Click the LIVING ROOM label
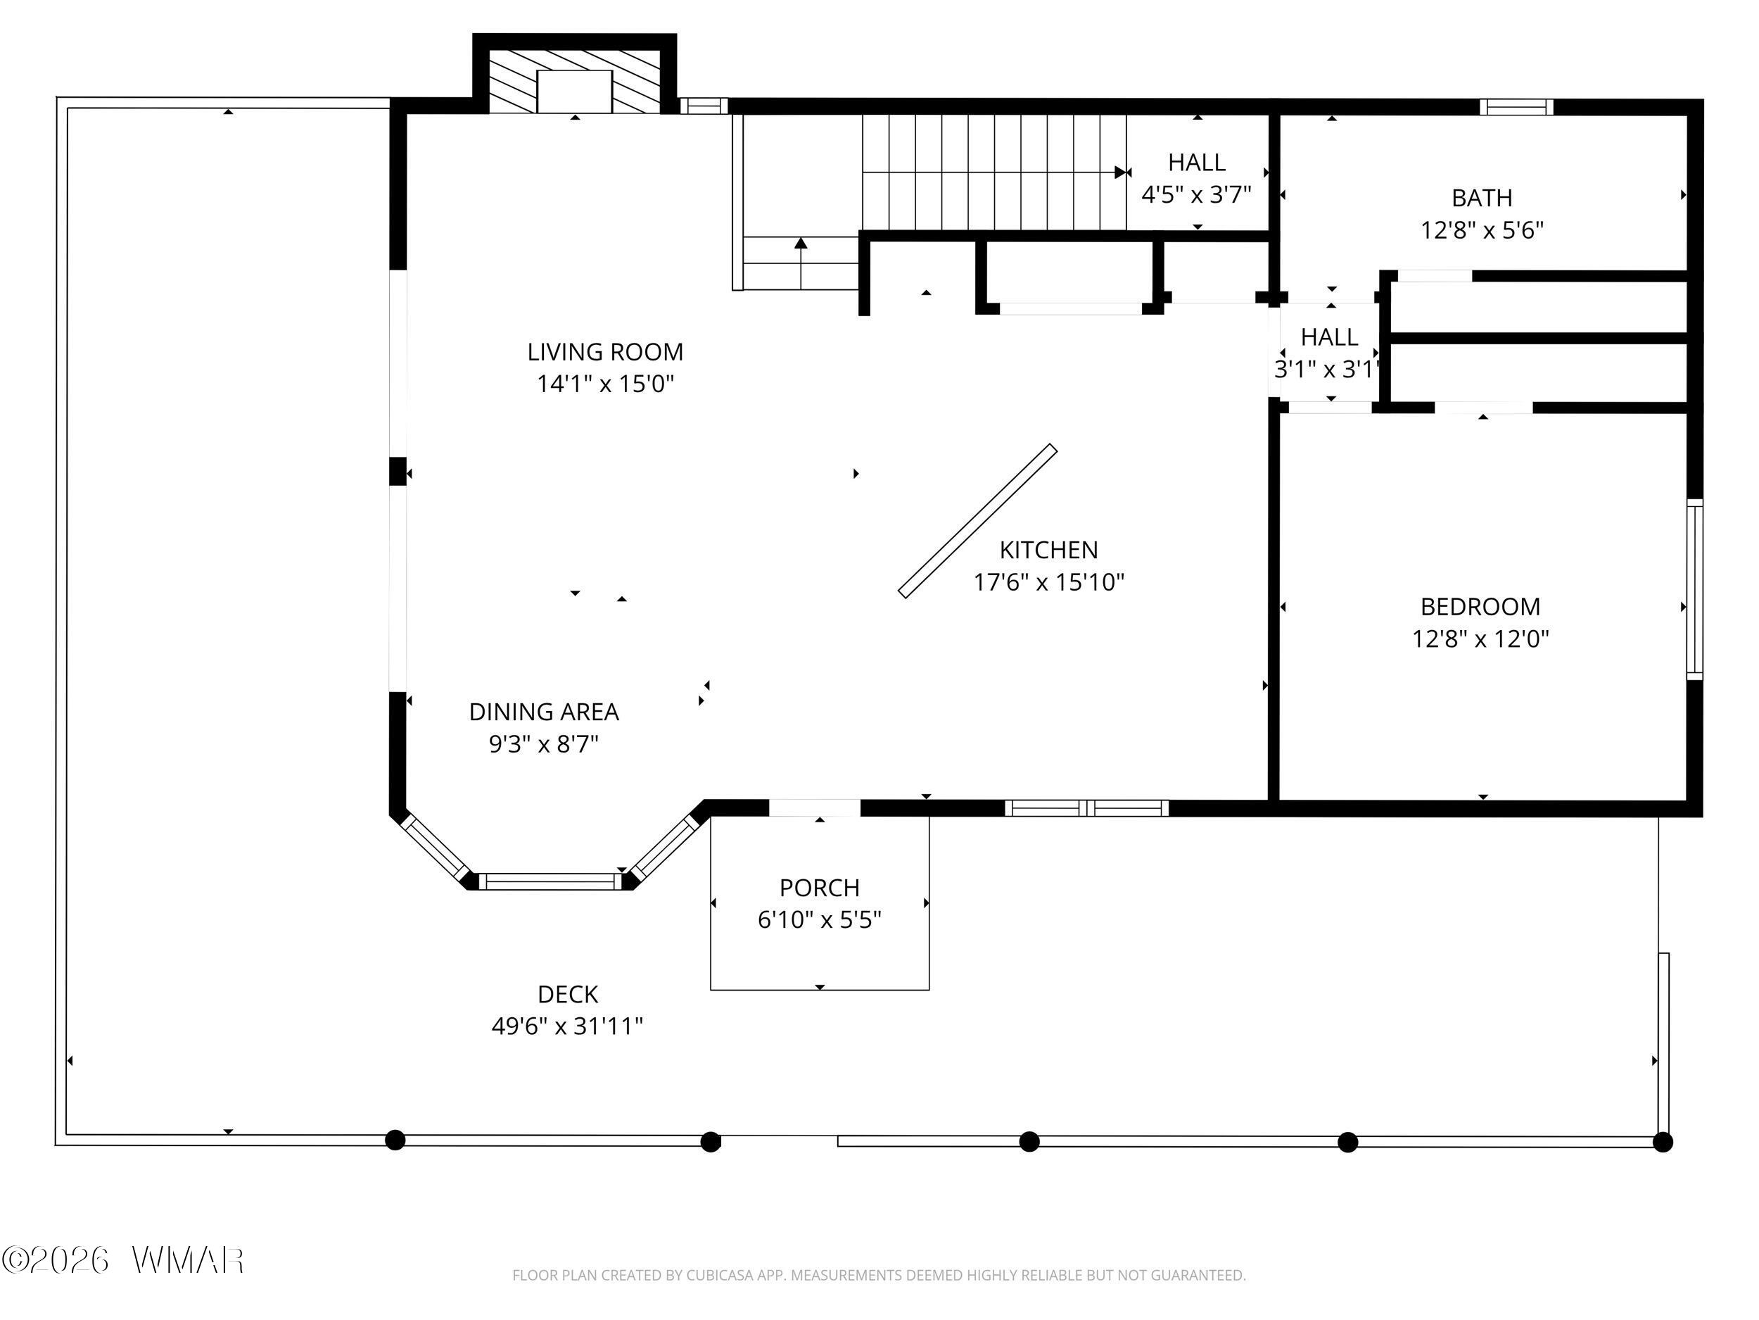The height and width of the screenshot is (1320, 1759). [x=605, y=352]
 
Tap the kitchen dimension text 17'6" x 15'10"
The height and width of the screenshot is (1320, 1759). [x=1049, y=582]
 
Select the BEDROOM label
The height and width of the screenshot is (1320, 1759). [x=1480, y=606]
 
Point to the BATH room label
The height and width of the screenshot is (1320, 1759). [x=1482, y=197]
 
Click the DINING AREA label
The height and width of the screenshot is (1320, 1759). [x=544, y=711]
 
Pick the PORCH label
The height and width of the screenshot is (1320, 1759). [x=819, y=887]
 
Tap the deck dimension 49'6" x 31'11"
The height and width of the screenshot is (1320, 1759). [x=567, y=1026]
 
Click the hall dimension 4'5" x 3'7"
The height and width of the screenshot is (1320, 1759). [x=1197, y=194]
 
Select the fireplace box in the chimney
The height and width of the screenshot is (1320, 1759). [x=574, y=92]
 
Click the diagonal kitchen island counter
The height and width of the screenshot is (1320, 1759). [x=977, y=520]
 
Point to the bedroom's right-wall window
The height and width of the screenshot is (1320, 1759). [x=1694, y=589]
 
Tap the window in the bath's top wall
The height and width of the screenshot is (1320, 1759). [x=1516, y=106]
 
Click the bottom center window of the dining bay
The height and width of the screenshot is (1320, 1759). [x=550, y=881]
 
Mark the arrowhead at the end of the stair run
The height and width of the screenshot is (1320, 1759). [x=1123, y=172]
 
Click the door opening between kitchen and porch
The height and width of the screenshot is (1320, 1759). [x=814, y=807]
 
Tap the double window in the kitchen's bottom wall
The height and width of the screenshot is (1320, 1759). [x=1086, y=808]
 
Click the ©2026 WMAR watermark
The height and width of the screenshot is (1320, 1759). [x=123, y=1260]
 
